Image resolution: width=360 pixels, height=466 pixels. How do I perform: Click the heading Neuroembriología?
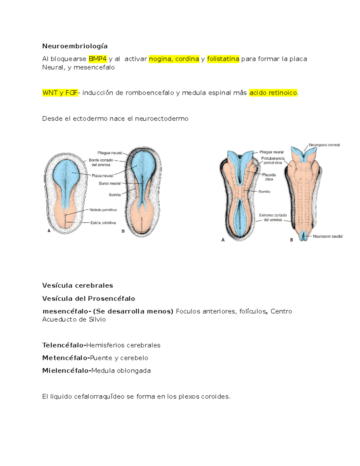(x=75, y=46)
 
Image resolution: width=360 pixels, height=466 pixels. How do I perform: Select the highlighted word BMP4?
(x=97, y=59)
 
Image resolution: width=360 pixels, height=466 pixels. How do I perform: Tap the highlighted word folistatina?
(x=223, y=59)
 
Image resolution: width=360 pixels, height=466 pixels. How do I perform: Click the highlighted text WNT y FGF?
(x=60, y=93)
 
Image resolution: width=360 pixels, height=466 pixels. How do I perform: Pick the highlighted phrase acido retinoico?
(x=273, y=93)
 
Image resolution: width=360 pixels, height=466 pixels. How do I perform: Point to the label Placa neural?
(x=102, y=176)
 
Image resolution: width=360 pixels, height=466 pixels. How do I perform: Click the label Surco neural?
(x=109, y=183)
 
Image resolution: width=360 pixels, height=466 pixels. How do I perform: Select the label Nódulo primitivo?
(x=103, y=210)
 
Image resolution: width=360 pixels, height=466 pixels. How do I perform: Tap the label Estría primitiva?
(x=103, y=223)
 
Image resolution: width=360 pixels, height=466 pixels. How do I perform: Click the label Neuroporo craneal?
(x=324, y=145)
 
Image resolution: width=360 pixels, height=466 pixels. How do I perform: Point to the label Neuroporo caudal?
(x=327, y=236)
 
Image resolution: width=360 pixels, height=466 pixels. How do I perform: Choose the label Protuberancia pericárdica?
(x=272, y=161)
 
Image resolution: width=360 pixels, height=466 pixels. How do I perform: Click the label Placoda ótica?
(x=269, y=177)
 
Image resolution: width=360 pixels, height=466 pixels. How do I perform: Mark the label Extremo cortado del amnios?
(x=273, y=218)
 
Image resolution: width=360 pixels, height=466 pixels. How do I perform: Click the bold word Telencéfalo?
(x=63, y=345)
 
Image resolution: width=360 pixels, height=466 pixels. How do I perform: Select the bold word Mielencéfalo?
(x=66, y=371)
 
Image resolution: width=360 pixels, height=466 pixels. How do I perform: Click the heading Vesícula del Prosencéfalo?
(x=88, y=299)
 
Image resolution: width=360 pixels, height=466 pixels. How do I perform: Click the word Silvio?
(x=97, y=319)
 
